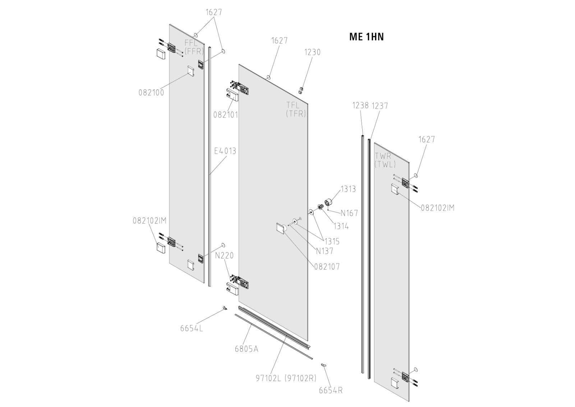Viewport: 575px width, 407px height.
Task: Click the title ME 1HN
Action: tap(366, 37)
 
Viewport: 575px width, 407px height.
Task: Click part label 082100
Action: tap(151, 92)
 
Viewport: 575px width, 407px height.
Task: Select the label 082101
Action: tap(226, 115)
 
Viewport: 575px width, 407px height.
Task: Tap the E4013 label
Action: tap(225, 151)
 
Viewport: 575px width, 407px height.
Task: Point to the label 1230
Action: tap(312, 52)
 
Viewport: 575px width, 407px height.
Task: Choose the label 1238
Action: tap(360, 105)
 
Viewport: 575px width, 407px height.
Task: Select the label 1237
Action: tap(379, 105)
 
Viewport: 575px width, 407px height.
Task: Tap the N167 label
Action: tap(349, 213)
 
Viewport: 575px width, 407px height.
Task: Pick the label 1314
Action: tap(341, 226)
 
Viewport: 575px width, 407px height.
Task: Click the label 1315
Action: tap(332, 242)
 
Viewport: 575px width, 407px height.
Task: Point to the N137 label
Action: tap(325, 251)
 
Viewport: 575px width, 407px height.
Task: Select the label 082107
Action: tap(327, 267)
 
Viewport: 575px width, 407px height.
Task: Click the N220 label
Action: tap(224, 256)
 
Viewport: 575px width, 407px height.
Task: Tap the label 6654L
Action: tap(192, 328)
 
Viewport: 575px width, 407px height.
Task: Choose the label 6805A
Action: tap(247, 349)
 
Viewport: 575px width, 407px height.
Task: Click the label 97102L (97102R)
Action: tap(286, 378)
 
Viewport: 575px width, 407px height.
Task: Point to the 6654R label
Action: tap(331, 390)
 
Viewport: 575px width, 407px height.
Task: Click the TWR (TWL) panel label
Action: tap(385, 160)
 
